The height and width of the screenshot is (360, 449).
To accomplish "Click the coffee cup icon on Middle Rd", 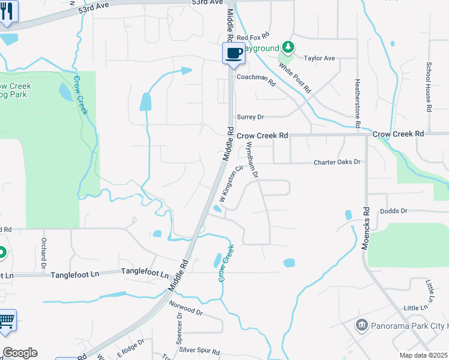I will point(234,53).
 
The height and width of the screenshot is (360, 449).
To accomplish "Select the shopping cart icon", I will point(6,320).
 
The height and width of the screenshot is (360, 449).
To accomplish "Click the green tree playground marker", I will point(289,47).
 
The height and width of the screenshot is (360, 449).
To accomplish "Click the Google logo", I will point(20,353).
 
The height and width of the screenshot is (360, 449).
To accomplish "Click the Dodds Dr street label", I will point(394,211).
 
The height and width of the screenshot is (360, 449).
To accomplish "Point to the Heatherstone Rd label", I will point(357,103).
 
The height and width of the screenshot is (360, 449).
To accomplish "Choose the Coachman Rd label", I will point(255,78).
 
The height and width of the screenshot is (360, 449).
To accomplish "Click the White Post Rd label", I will point(298,79).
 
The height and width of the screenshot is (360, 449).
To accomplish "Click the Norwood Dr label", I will point(186,310).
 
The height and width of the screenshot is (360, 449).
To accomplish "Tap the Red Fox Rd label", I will point(251,37).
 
